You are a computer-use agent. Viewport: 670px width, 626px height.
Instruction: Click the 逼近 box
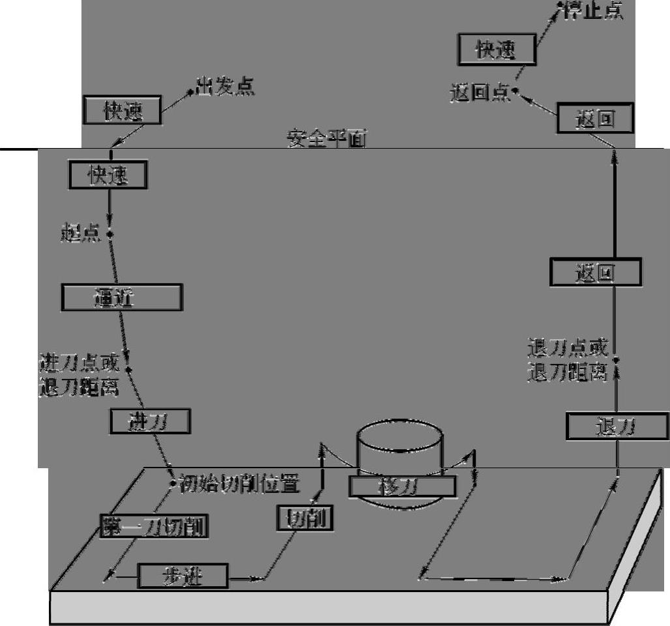[x=122, y=297]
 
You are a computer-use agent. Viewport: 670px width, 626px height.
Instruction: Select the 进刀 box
[x=151, y=421]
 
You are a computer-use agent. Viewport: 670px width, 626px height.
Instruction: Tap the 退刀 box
[x=616, y=427]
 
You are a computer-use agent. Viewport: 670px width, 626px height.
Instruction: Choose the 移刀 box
[x=393, y=486]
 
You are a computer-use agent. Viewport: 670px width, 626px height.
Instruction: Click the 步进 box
[x=182, y=576]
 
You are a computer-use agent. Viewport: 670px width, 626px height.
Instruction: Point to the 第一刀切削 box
[x=154, y=526]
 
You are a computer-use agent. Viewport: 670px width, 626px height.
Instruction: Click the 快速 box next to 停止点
[x=497, y=50]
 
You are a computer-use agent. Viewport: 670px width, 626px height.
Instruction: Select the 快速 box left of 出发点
[x=123, y=111]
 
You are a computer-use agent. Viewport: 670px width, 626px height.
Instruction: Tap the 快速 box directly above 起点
[x=108, y=175]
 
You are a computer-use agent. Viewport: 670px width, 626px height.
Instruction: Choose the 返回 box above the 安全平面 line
[x=595, y=119]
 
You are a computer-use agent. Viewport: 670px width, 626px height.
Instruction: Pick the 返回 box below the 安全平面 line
[x=595, y=272]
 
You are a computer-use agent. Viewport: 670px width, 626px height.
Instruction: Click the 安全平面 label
[x=326, y=139]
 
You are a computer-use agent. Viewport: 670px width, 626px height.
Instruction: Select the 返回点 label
[x=480, y=93]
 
